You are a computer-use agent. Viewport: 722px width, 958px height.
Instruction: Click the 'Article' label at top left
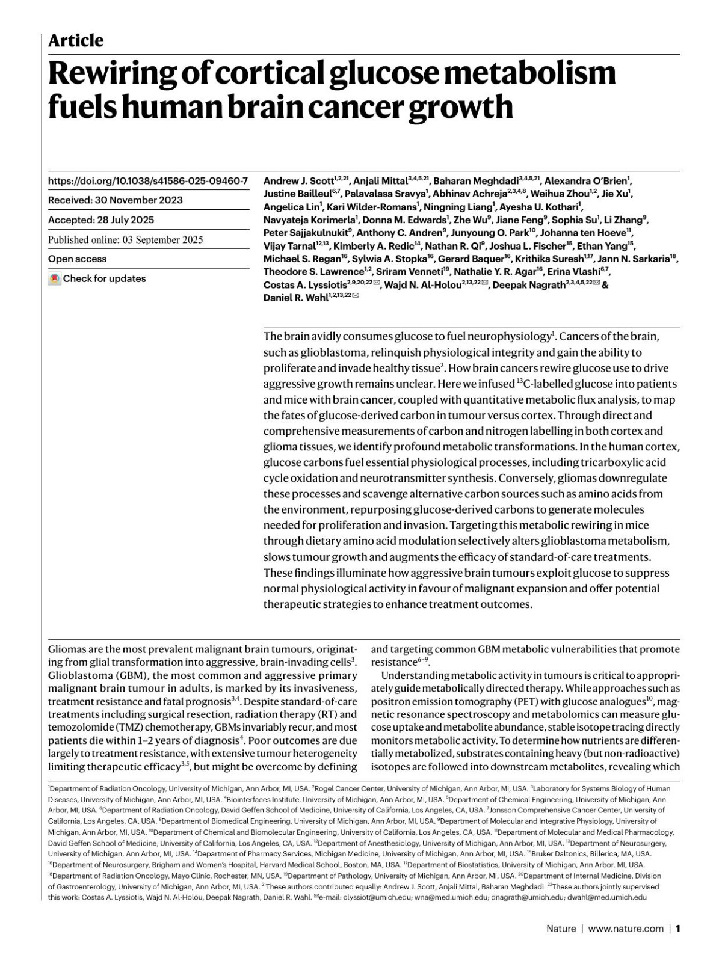point(76,41)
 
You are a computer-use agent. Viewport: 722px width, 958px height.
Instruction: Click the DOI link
point(147,180)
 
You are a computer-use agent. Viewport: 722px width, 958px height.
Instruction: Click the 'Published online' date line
point(126,239)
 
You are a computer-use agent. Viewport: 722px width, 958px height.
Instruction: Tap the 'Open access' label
point(77,259)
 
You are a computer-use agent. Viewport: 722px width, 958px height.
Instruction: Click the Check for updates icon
point(55,279)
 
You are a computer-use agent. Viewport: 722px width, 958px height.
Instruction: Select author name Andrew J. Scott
point(298,180)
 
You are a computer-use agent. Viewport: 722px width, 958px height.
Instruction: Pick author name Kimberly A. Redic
point(370,246)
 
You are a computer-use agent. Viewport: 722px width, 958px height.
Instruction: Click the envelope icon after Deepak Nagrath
point(596,284)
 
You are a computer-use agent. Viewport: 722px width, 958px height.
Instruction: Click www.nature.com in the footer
point(625,929)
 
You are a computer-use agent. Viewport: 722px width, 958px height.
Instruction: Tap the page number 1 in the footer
point(677,929)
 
